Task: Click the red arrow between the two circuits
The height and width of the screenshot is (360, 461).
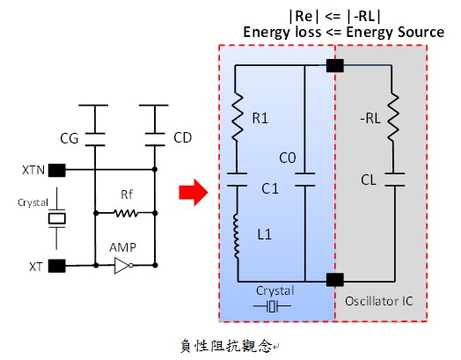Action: click(194, 193)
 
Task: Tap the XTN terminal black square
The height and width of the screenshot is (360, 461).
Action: click(56, 170)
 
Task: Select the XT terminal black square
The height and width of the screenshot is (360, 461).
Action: click(56, 266)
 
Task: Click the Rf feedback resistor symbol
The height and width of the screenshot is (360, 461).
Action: click(126, 213)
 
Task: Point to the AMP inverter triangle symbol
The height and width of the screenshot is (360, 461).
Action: click(123, 266)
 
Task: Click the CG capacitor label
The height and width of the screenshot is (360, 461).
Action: click(70, 138)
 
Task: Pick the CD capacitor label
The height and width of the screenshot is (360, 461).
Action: click(183, 137)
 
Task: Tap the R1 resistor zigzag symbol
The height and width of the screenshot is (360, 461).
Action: click(238, 116)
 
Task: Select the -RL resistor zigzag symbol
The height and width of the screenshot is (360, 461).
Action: click(393, 117)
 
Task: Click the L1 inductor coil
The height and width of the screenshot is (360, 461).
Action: click(237, 237)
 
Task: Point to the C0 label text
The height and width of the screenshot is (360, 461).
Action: click(287, 158)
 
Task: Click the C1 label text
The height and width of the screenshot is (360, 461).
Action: click(270, 188)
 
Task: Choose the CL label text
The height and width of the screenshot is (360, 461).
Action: click(369, 180)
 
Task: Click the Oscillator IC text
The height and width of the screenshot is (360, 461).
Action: click(378, 301)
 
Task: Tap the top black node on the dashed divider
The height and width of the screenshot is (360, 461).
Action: click(335, 65)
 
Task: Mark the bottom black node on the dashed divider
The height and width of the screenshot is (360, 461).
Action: click(335, 280)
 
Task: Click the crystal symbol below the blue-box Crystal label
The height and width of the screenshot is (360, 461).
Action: click(272, 306)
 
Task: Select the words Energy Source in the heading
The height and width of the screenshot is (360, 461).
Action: click(395, 32)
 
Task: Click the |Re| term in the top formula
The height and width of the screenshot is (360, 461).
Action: click(304, 16)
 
